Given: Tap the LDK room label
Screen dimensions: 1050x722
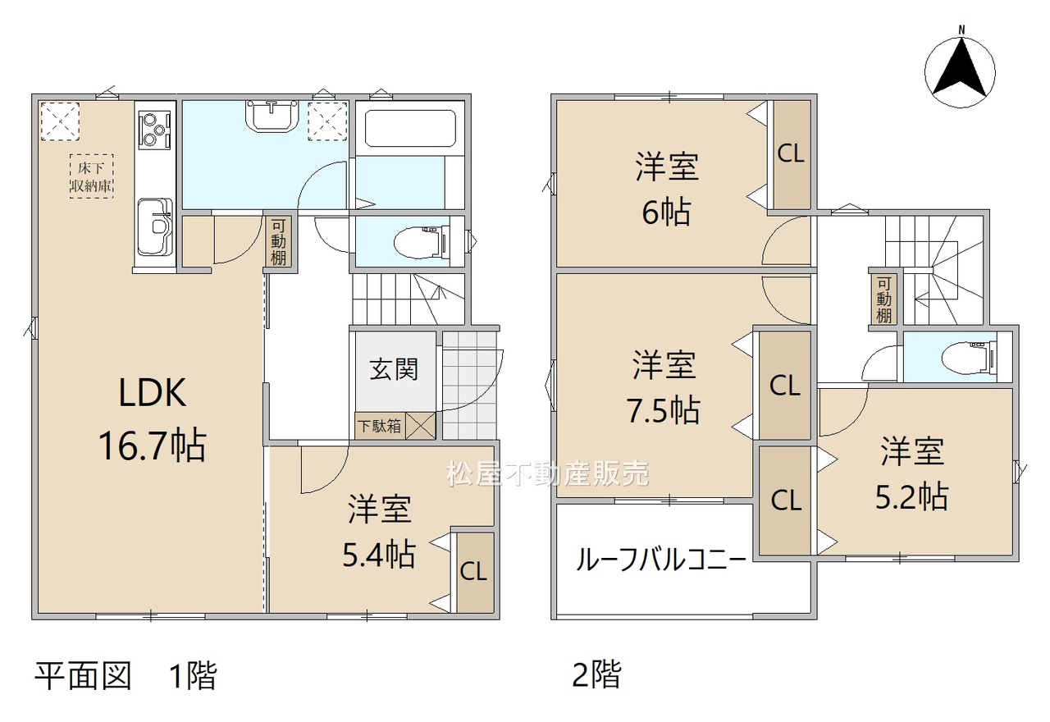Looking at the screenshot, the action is point(153,393).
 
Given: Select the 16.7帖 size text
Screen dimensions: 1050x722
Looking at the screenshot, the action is point(153,446).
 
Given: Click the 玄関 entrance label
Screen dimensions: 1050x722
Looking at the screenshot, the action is point(394,369).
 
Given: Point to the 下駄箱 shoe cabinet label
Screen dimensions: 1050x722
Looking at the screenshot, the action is point(380,426).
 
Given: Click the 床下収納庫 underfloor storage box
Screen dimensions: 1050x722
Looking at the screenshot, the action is point(91,176).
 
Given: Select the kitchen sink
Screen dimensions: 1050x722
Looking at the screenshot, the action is point(155,225).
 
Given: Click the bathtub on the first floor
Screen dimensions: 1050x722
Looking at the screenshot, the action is point(409,129).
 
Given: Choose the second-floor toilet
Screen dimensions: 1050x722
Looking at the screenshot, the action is point(970,359).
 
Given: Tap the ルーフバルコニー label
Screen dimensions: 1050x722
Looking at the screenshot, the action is point(660,560).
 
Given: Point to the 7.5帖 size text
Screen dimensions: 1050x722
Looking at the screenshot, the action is point(664,410).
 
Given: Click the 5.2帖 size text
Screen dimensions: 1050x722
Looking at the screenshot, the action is point(911,496).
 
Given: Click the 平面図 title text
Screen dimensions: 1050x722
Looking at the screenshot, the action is point(84,675).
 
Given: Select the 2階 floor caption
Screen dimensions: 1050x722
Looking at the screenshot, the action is point(596,674).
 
